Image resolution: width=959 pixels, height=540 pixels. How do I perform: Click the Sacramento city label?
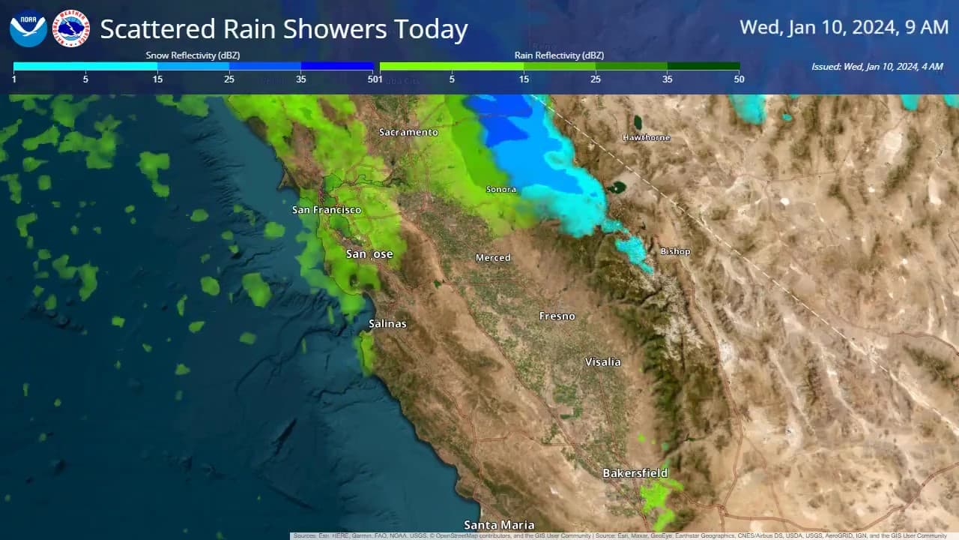point(408,132)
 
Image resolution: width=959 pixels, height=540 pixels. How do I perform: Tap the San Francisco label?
point(327,210)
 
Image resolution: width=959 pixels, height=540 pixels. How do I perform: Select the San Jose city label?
point(369,254)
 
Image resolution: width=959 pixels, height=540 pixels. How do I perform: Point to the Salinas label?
point(387,323)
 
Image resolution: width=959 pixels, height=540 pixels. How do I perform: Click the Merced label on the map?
point(493,258)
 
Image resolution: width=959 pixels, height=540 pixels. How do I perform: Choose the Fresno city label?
point(557,316)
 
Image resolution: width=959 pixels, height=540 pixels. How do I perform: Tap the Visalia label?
point(603,361)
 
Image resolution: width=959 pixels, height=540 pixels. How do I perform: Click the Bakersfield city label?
point(635,473)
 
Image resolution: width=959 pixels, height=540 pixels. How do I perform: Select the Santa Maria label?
point(499,525)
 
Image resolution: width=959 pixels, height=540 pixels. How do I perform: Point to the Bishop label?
point(675,251)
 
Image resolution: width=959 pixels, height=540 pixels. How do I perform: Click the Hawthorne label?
point(647,138)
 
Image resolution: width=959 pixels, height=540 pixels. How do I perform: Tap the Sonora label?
point(501,190)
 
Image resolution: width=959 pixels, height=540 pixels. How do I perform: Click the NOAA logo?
point(28,28)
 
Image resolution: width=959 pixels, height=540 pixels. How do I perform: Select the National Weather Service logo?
point(71,28)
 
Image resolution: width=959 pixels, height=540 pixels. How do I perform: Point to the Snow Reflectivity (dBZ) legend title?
point(193,55)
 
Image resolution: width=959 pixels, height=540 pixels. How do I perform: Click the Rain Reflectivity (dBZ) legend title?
point(559,55)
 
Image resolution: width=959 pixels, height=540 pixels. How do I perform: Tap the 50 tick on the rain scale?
point(739,79)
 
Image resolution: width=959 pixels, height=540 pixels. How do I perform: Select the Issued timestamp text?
point(877,67)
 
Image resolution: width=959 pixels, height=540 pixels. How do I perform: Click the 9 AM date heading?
point(844,28)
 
